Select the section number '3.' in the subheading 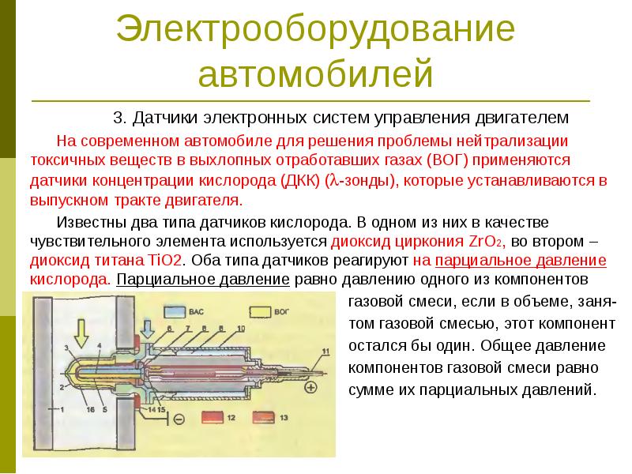[x=120, y=118]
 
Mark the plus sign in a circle [x=310, y=387]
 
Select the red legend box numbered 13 [x=265, y=416]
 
